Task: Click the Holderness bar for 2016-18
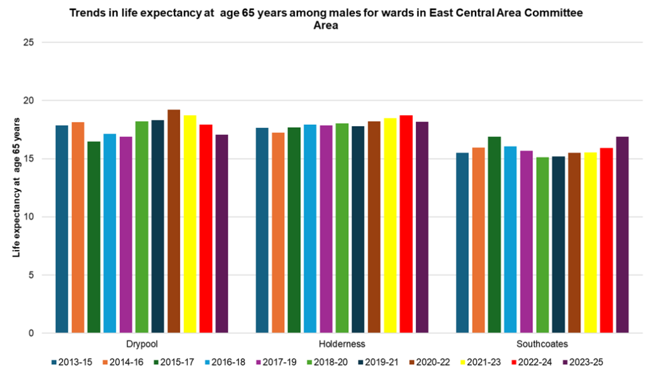[x=310, y=229]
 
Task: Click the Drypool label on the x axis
[x=142, y=344]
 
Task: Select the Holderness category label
[x=342, y=344]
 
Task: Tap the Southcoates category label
[x=542, y=344]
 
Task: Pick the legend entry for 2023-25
[x=583, y=362]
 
